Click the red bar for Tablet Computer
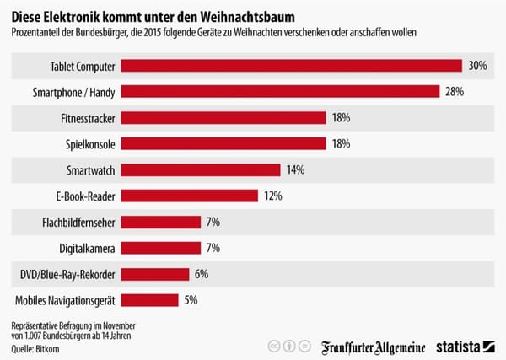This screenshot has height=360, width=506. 292,65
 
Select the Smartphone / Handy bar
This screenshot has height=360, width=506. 281,91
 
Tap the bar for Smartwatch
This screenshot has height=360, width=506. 202,169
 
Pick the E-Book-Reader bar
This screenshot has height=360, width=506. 190,196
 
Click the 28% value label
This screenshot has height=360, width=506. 455,91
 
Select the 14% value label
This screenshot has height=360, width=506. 295,169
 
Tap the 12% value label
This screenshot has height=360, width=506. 272,196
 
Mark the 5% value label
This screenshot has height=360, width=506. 191,300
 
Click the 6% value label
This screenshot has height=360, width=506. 200,274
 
